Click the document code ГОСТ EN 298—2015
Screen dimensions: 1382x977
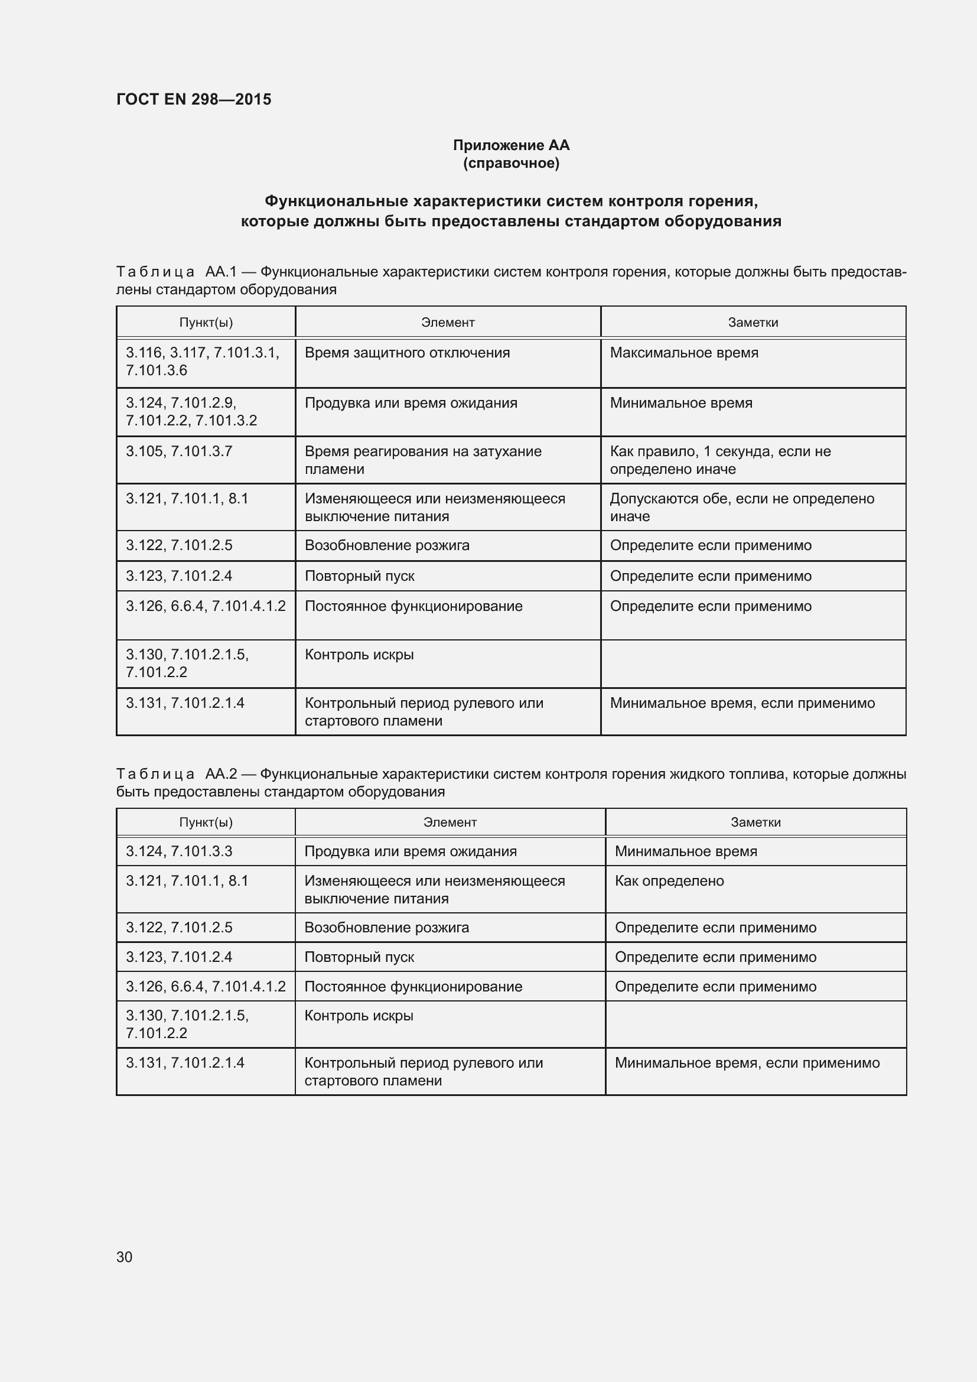193,99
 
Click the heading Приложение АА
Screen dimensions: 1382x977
511,145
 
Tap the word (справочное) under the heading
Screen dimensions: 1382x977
511,163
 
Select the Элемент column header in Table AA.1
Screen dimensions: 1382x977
448,323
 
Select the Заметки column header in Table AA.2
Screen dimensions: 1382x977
755,822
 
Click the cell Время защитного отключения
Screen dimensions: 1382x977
408,353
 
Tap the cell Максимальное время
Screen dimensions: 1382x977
683,353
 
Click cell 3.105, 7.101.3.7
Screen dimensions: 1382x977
180,451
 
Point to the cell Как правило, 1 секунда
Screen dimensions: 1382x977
720,460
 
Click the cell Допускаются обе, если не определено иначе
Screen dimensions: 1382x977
741,507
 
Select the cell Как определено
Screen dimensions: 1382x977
669,881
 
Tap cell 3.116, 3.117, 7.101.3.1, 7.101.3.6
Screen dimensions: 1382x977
202,361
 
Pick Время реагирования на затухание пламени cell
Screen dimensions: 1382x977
423,460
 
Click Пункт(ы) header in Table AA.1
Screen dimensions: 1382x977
206,323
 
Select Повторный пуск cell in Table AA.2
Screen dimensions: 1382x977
359,957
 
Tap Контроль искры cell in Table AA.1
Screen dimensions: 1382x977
359,655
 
